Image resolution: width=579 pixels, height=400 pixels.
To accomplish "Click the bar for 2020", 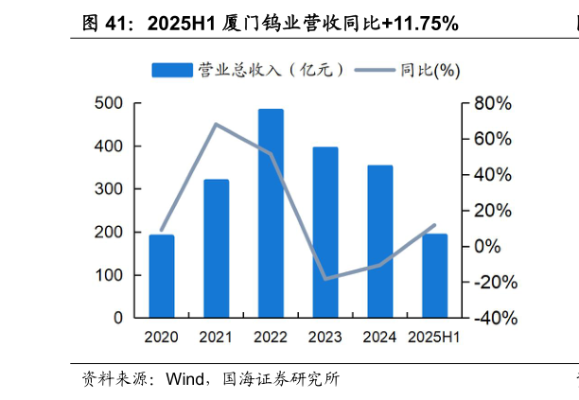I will pos(162,276).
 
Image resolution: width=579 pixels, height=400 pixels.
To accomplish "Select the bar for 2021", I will pos(216,249).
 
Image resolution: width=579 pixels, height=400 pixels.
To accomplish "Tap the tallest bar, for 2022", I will pos(271,214).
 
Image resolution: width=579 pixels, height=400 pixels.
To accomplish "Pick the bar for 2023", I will pos(325,233).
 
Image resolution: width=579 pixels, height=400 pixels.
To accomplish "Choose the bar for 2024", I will pos(380,242).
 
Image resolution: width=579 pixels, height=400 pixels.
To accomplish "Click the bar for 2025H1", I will pos(434,276).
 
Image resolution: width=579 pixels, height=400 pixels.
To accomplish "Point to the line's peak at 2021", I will pos(216,124).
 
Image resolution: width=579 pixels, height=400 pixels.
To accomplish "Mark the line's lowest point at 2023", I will pos(325,279).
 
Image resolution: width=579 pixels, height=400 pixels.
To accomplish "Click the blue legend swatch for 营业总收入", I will pos(172,70).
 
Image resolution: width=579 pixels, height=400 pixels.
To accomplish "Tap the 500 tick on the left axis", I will pos(109,103).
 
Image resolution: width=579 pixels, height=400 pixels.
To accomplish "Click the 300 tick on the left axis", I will pos(109,189).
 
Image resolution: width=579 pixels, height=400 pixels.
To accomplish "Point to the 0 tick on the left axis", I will pos(117,319).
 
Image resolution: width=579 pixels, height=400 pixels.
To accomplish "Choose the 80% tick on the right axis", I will pos(492,103).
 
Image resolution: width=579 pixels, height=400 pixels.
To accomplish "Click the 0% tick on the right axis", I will pos(487,247).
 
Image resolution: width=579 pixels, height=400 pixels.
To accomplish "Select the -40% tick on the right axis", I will pos(495,319).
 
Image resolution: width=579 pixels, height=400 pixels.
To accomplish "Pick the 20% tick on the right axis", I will pos(492,211).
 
